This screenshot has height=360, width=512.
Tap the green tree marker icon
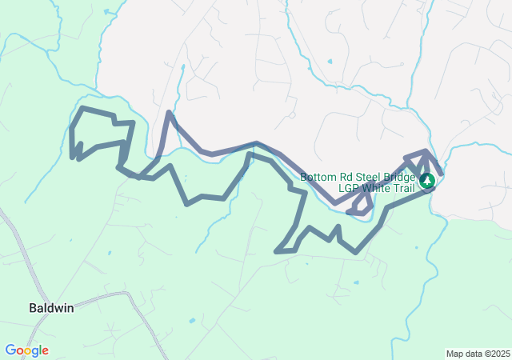pyautogui.click(x=427, y=181)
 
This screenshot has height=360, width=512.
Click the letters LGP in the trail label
pyautogui.click(x=349, y=189)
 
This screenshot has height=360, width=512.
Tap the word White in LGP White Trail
pyautogui.click(x=377, y=189)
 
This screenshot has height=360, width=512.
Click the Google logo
pyautogui.click(x=26, y=350)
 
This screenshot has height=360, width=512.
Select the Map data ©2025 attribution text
pyautogui.click(x=478, y=354)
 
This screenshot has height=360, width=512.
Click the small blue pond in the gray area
pyautogui.click(x=330, y=61)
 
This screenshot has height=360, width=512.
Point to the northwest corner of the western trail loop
pyautogui.click(x=83, y=108)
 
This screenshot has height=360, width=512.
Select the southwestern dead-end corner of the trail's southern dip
pyautogui.click(x=277, y=252)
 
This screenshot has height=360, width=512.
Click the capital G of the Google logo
pyautogui.click(x=10, y=350)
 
